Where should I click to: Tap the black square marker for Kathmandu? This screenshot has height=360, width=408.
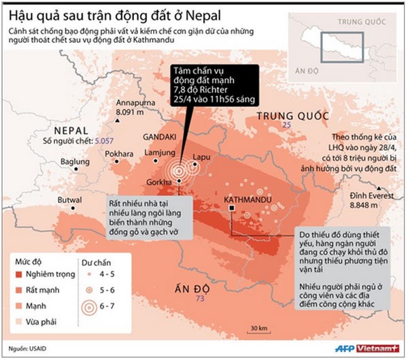233,210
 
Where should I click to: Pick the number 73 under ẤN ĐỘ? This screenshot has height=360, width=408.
199,299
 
